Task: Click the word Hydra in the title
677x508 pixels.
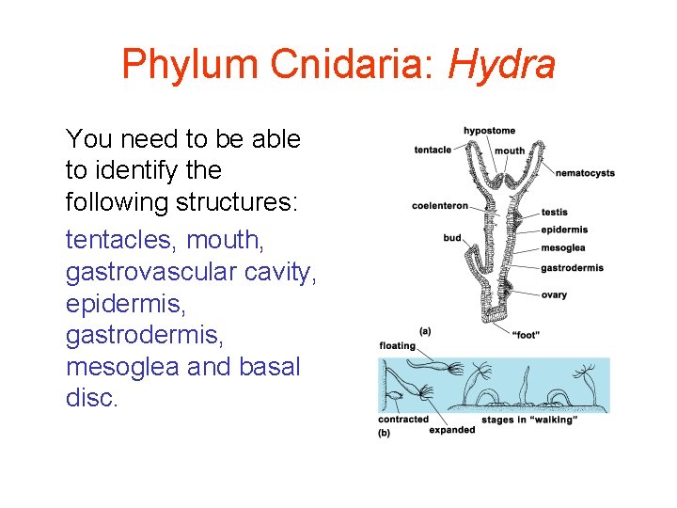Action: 502,65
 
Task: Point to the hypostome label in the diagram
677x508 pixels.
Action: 489,131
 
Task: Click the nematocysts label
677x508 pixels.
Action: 585,173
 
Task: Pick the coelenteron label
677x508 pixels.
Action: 439,206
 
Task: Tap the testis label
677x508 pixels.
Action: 554,213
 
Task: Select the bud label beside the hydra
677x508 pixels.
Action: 452,238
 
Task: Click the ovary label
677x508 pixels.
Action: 554,295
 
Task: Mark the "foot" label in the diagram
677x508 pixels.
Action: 526,334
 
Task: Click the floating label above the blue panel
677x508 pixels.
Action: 397,346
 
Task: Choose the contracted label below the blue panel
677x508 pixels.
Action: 402,420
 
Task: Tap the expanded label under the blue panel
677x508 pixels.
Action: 451,430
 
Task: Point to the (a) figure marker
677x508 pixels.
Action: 425,330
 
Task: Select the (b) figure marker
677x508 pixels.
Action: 384,433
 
